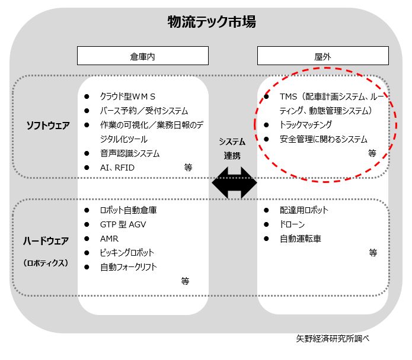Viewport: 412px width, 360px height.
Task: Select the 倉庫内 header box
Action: [x=143, y=56]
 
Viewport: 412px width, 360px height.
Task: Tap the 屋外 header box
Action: [x=322, y=56]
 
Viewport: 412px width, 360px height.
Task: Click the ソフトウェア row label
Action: [x=48, y=125]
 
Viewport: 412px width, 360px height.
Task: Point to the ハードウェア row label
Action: [x=46, y=241]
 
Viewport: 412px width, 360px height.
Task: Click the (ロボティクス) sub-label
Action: [x=46, y=262]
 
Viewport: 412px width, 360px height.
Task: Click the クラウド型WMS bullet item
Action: [x=127, y=96]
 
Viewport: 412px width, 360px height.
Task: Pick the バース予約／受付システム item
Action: [x=144, y=111]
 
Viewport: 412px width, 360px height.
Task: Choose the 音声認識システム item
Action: [x=130, y=153]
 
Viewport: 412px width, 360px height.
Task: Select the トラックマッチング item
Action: [x=306, y=125]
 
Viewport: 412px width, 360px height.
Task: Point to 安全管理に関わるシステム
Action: [x=324, y=139]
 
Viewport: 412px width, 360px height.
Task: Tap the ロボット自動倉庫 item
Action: [x=129, y=210]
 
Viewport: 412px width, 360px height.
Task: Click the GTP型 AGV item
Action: [x=122, y=224]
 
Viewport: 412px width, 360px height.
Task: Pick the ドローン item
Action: [x=293, y=224]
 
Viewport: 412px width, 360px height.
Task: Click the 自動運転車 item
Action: [x=301, y=239]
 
